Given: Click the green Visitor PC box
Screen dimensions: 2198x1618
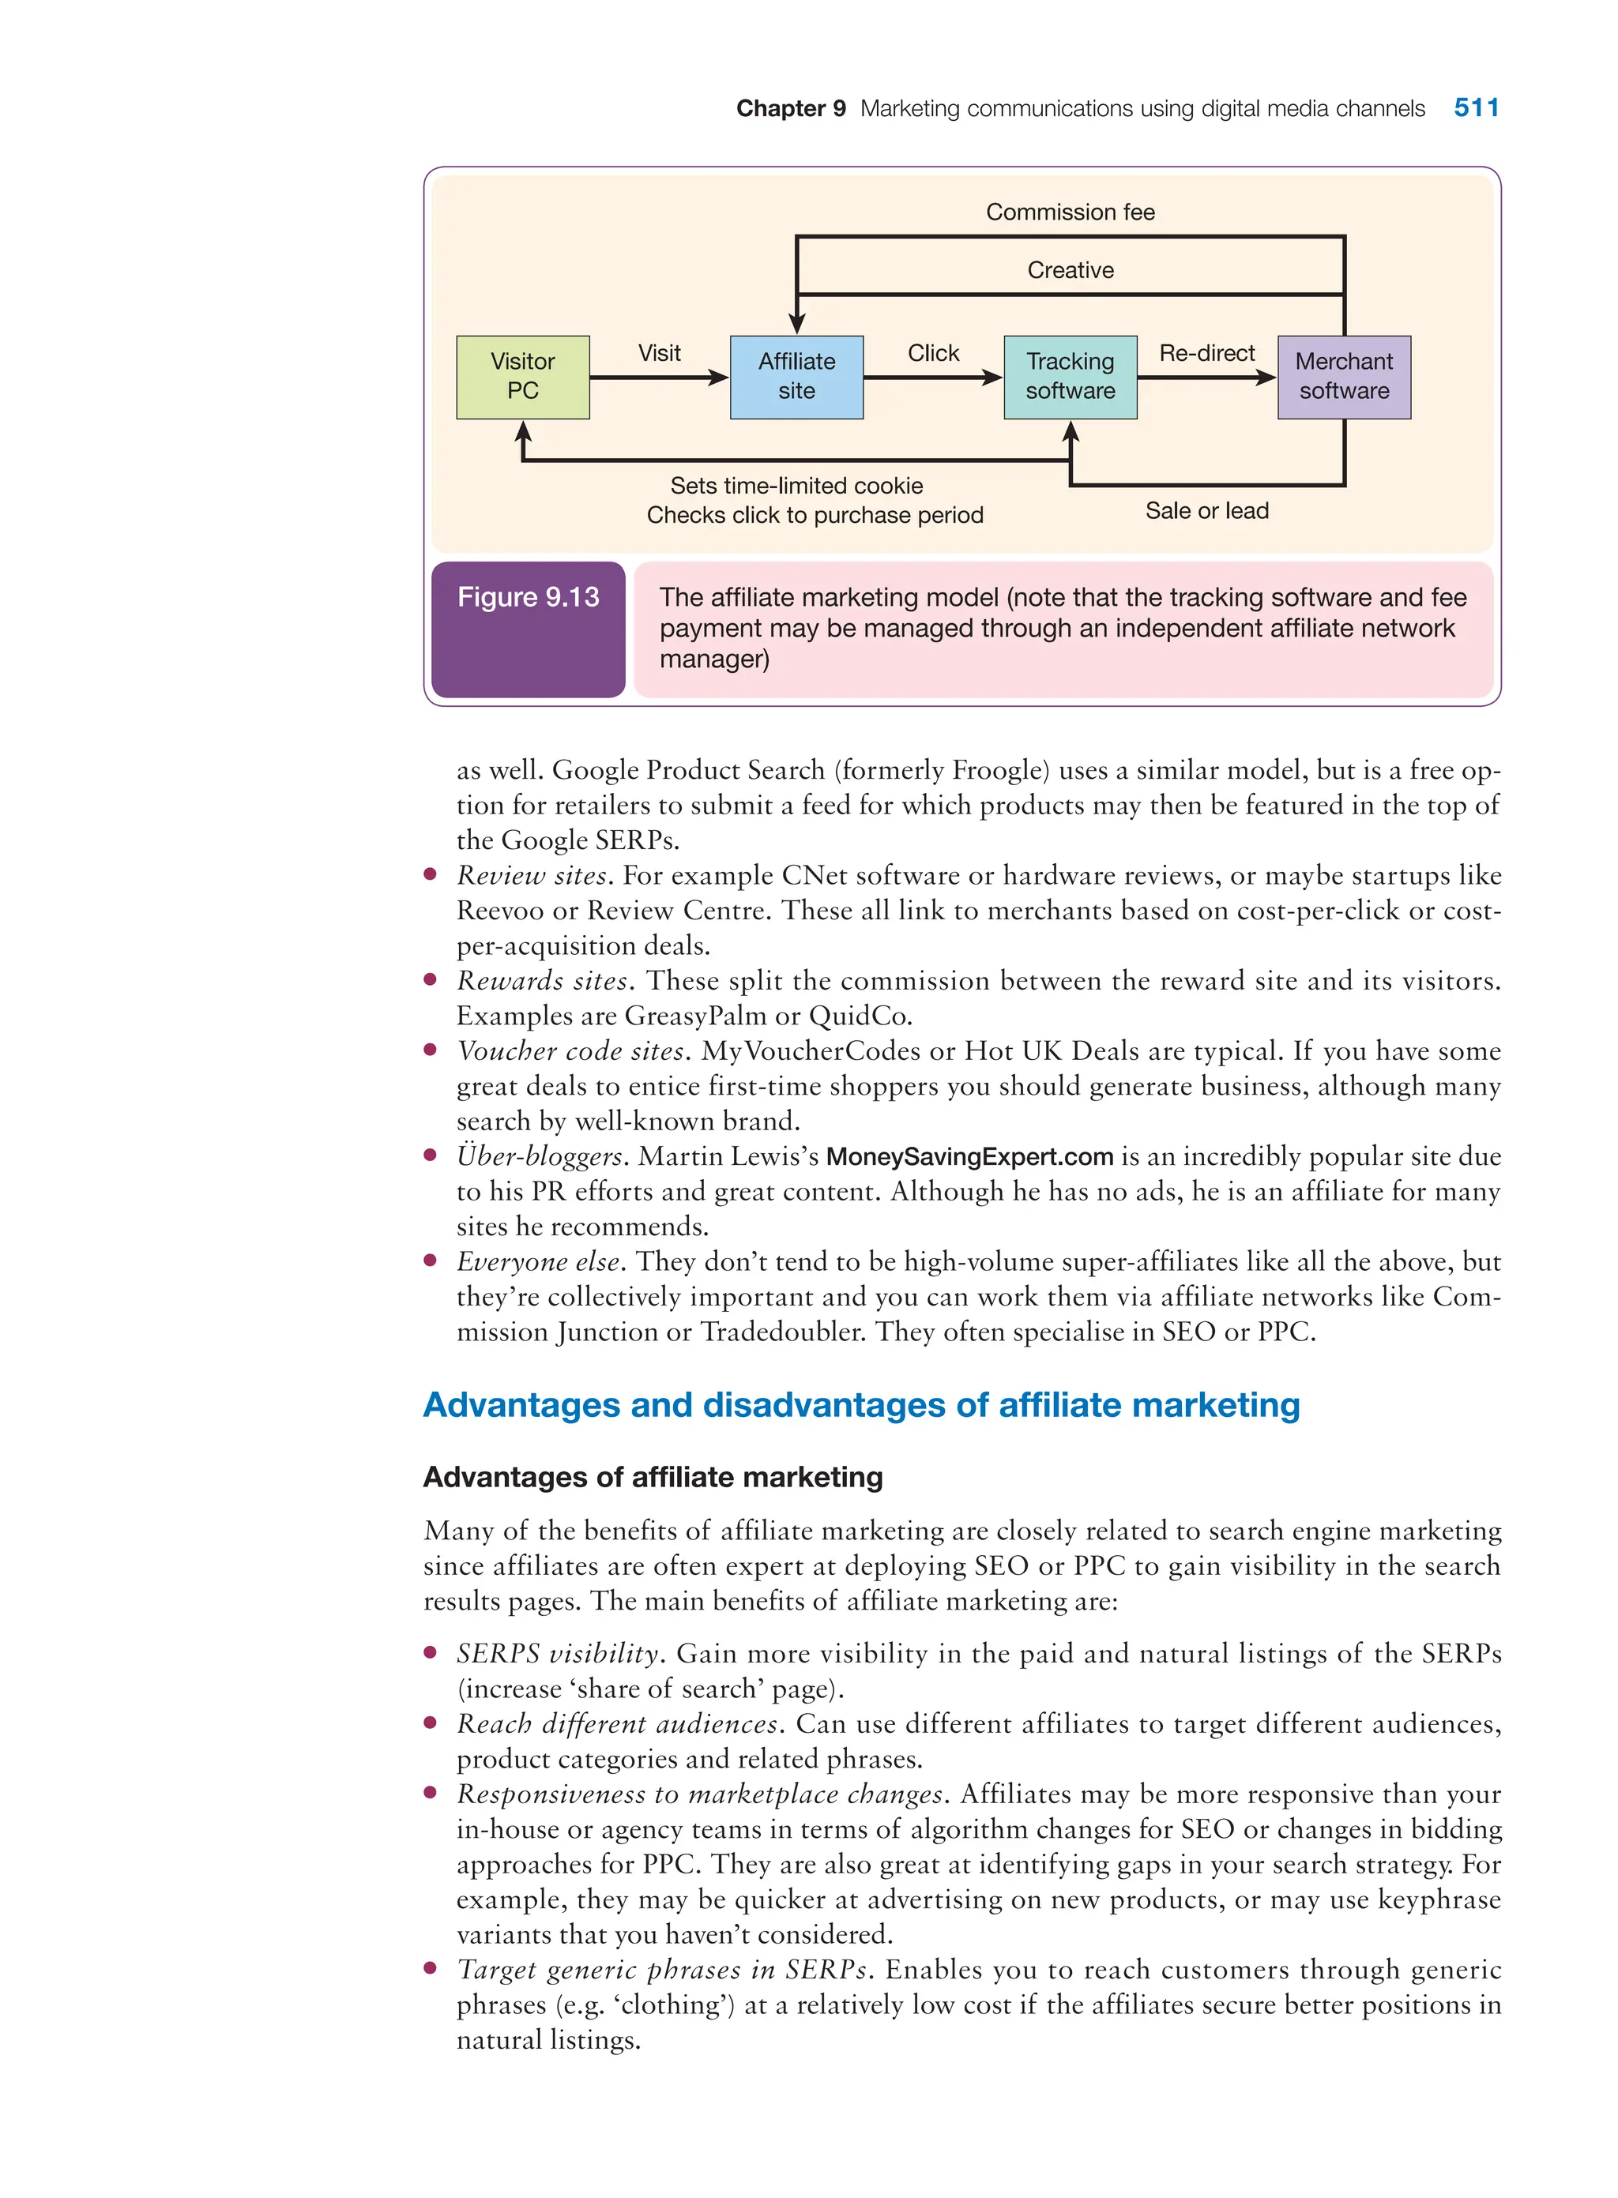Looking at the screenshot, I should [522, 377].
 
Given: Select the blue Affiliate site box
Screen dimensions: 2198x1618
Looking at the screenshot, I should [796, 377].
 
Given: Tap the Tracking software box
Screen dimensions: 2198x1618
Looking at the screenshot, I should [1070, 377].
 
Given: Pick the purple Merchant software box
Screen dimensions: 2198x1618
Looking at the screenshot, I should [1343, 377].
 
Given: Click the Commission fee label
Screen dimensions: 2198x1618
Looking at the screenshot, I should [1070, 212].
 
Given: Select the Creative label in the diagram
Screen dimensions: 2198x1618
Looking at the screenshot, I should [1070, 270].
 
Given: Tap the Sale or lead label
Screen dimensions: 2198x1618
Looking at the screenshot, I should [1206, 511].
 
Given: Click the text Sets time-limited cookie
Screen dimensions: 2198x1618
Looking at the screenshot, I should [796, 486].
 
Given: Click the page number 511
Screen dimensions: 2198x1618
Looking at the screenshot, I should [1475, 107].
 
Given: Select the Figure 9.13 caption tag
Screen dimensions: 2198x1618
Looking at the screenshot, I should [528, 597].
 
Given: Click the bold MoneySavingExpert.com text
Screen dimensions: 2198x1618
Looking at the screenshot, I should [969, 1157].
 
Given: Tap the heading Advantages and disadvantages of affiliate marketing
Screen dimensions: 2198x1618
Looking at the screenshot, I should [861, 1405].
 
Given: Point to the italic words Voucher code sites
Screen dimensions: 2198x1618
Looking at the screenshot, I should [573, 1051].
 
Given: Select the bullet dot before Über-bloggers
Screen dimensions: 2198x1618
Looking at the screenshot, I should [430, 1155].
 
